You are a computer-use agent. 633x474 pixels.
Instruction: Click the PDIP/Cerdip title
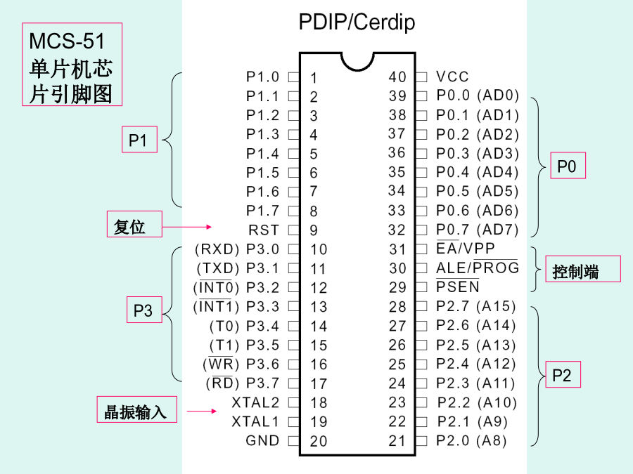(x=357, y=22)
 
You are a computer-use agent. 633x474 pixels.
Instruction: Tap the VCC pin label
(x=452, y=77)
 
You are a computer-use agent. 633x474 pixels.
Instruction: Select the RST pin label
(x=264, y=230)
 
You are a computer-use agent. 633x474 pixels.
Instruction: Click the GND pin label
(x=262, y=441)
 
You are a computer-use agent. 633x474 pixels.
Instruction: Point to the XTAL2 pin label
(x=255, y=403)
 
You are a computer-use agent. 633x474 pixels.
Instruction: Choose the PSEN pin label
(x=458, y=287)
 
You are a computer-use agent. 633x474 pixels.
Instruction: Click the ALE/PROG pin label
(x=477, y=268)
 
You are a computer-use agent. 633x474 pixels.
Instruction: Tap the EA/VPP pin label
(x=466, y=249)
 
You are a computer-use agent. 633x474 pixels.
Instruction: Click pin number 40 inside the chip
(x=397, y=77)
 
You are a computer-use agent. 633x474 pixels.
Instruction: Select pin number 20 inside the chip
(x=319, y=442)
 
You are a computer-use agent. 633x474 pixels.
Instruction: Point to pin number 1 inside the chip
(x=314, y=78)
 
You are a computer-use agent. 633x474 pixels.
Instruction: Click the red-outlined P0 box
(x=567, y=166)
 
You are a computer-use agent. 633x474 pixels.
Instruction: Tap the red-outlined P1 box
(x=138, y=140)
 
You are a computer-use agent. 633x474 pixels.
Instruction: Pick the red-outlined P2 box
(x=562, y=375)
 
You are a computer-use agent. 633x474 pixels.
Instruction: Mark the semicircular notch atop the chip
(x=357, y=60)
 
